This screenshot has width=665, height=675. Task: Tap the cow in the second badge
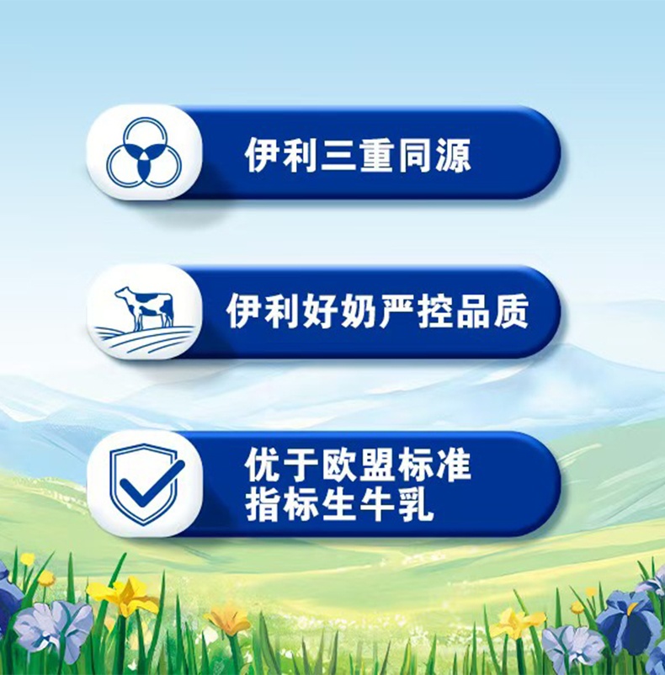pyautogui.click(x=144, y=309)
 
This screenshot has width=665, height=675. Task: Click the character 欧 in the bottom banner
pyautogui.click(x=339, y=465)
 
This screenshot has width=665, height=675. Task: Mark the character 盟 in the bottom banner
pyautogui.click(x=377, y=465)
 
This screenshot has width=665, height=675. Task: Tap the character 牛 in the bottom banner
pyautogui.click(x=377, y=507)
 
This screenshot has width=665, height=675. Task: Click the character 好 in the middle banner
pyautogui.click(x=319, y=311)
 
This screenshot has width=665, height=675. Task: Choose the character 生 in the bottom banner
pyautogui.click(x=339, y=507)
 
